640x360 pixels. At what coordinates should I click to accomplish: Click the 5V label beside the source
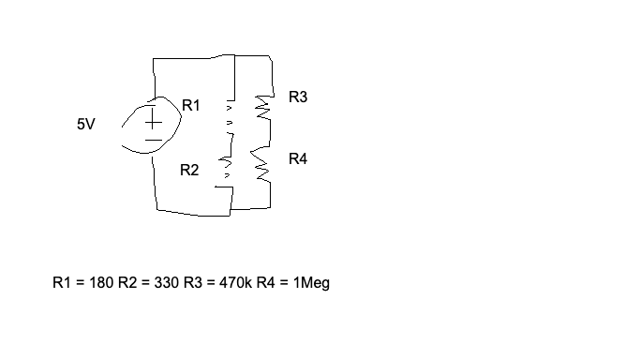point(85,123)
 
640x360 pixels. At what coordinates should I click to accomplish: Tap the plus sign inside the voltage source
point(152,121)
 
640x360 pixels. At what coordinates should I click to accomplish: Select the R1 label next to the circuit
point(190,106)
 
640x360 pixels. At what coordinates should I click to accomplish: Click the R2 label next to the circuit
point(189,171)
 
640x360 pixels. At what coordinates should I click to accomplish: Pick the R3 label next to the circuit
point(298,97)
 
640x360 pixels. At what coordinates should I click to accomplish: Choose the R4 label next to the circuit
point(298,159)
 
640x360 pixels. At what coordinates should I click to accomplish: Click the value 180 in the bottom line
point(101,282)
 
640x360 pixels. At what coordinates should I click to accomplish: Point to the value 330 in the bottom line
point(166,282)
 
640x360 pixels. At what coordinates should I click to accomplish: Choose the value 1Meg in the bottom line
point(311,282)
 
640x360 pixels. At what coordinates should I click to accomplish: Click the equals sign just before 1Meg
point(285,282)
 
